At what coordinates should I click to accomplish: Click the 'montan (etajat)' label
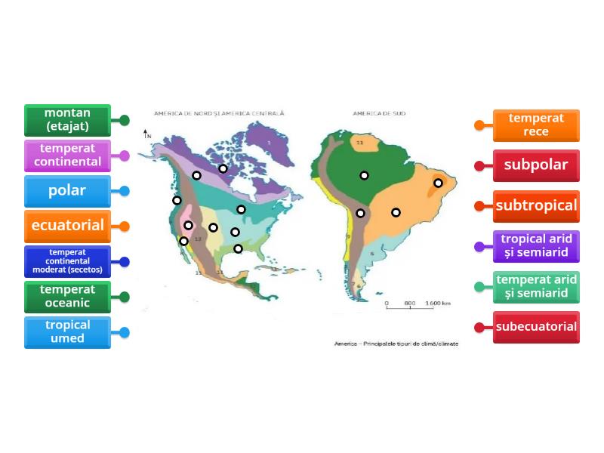click(67, 120)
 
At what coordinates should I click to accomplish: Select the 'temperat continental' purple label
click(67, 156)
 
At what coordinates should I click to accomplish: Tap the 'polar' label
click(67, 191)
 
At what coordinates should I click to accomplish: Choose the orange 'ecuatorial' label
click(67, 226)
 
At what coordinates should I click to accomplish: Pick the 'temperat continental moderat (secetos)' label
click(67, 261)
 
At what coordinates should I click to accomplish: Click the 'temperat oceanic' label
click(67, 297)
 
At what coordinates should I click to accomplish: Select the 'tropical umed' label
click(67, 332)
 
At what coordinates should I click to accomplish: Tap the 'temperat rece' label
click(536, 125)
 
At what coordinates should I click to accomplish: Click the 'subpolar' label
click(536, 165)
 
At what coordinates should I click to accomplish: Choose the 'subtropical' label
click(536, 205)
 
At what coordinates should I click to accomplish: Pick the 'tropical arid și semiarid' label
click(536, 246)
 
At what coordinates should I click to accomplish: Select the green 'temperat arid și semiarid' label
click(536, 287)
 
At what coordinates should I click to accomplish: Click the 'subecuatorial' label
click(536, 327)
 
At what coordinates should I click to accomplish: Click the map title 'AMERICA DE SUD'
click(379, 114)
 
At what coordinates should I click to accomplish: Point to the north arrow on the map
click(147, 134)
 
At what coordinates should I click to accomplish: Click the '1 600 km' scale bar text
click(438, 304)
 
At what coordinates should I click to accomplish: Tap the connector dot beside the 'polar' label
click(125, 191)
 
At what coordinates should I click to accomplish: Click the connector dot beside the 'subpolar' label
click(479, 165)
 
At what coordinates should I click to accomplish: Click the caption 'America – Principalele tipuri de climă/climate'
click(396, 344)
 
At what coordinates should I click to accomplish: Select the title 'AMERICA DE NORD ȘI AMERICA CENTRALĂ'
click(219, 114)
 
